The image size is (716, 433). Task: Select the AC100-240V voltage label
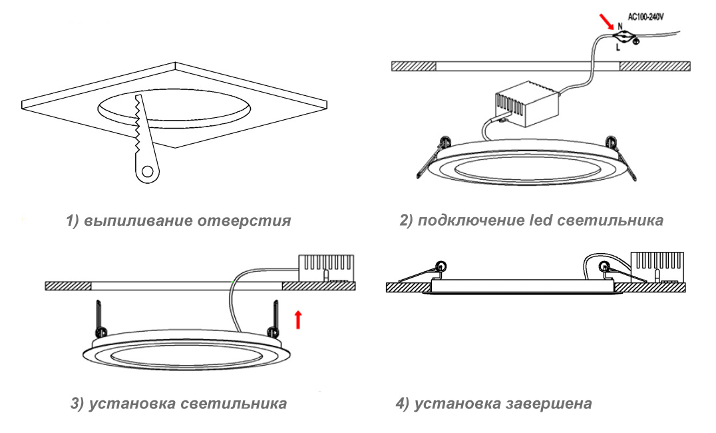click(x=651, y=13)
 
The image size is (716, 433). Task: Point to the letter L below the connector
click(x=618, y=47)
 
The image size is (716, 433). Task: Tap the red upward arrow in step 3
click(x=298, y=319)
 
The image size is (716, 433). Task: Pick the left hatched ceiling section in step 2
click(x=413, y=66)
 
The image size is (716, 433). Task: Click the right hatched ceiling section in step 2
click(x=655, y=66)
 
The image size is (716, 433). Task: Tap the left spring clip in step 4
click(x=422, y=271)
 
